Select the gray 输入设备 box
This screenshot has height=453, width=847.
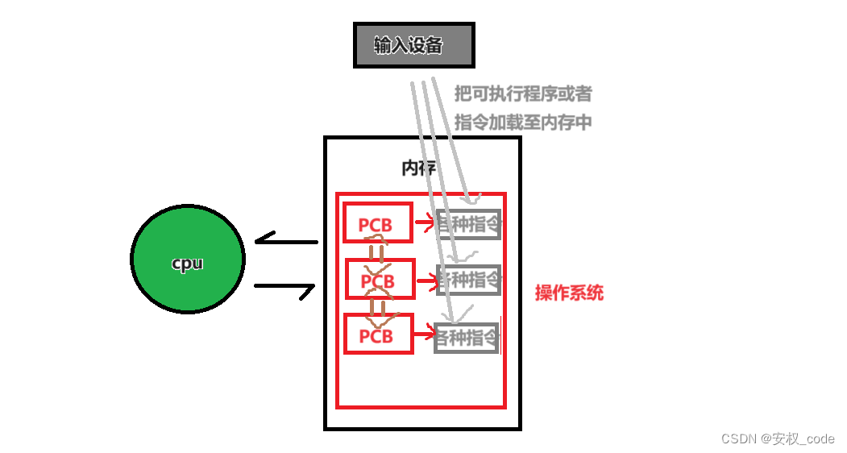coord(413,45)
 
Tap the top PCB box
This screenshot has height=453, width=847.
coord(378,222)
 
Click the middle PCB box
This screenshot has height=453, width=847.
coord(380,279)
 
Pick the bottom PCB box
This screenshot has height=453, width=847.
coord(378,334)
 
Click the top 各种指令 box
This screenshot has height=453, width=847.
coord(468,224)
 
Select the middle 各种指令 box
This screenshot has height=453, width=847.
coord(468,280)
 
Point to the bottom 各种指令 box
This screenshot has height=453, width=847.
coord(467,338)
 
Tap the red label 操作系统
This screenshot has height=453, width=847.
coord(569,293)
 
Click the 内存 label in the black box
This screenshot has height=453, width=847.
coord(418,168)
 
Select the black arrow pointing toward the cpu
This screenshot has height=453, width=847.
coord(286,241)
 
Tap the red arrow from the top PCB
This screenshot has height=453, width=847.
coord(424,219)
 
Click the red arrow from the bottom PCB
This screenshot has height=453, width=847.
coord(424,333)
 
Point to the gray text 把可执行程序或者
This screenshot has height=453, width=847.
coord(523,94)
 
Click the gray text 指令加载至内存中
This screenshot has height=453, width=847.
coord(523,123)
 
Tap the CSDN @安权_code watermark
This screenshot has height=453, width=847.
coord(777,438)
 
